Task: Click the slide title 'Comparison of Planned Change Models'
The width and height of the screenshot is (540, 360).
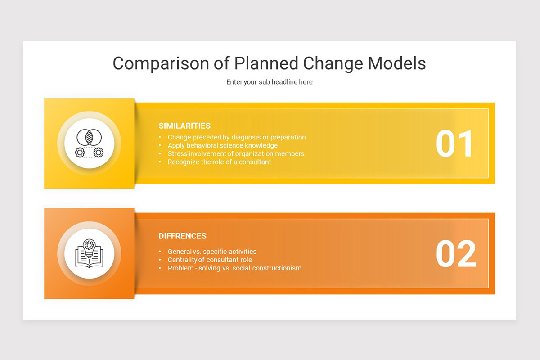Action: coord(269,63)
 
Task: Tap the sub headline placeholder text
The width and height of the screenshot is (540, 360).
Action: coord(269,82)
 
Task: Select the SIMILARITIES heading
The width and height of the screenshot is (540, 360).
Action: coord(184,126)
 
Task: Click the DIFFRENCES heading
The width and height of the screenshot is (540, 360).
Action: coord(182,236)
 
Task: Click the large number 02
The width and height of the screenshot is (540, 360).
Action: coord(455,254)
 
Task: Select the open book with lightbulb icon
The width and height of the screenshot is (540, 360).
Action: coord(89,253)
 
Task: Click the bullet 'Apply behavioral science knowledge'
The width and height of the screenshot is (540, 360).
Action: coord(222,145)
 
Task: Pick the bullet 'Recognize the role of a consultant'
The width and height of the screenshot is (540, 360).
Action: coord(219,162)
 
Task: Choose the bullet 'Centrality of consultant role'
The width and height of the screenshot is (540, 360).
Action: coord(210,260)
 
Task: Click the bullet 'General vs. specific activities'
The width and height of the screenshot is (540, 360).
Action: coord(212,252)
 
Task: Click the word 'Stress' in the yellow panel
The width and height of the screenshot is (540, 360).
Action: coord(177,153)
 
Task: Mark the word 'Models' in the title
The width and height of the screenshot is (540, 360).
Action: coord(397,63)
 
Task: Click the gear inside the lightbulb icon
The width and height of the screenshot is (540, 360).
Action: coord(89,245)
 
